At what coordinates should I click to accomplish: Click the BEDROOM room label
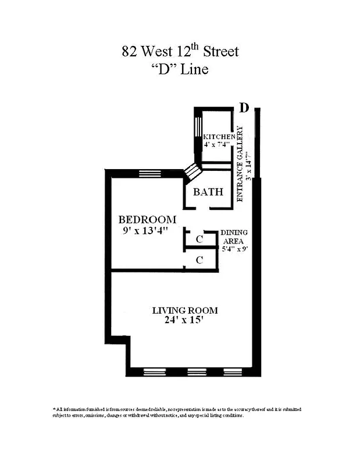[x=147, y=220]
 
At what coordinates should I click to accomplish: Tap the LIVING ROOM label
[x=185, y=310]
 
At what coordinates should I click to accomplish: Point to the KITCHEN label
[x=219, y=136]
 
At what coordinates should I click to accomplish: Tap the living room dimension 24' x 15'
[x=185, y=321]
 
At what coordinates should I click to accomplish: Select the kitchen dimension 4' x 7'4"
[x=217, y=144]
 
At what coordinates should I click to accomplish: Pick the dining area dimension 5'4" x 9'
[x=234, y=249]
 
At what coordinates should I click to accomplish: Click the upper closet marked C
[x=199, y=239]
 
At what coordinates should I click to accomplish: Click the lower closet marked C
[x=199, y=260]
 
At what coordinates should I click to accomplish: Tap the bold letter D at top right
[x=245, y=108]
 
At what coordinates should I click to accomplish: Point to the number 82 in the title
[x=129, y=52]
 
